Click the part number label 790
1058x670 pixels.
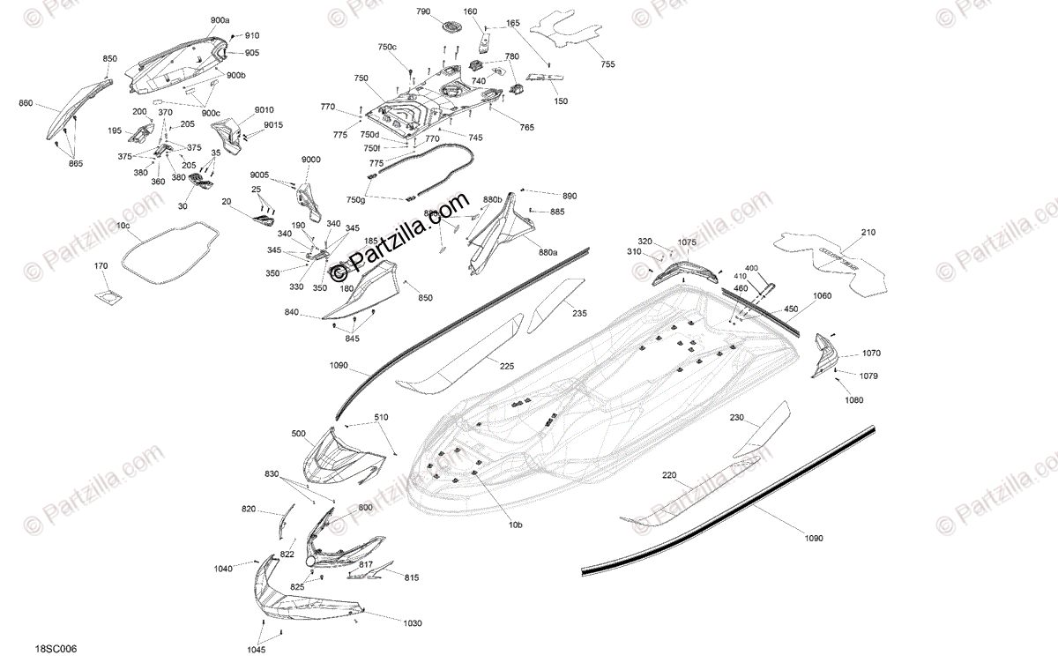(x=423, y=11)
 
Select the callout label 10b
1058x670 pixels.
(x=515, y=525)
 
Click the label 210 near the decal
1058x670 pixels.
(x=868, y=233)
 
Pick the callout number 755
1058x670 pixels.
(x=608, y=64)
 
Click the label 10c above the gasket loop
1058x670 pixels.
(x=123, y=227)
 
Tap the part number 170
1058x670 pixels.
(x=101, y=265)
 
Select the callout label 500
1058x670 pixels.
(x=299, y=434)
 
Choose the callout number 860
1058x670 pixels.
(x=26, y=103)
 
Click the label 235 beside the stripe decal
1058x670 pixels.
(x=578, y=313)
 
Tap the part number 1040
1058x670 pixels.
(x=223, y=569)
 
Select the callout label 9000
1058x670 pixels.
(x=311, y=159)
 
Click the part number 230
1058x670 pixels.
(x=737, y=418)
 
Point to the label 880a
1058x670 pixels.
(x=548, y=252)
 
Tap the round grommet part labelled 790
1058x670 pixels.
(x=451, y=27)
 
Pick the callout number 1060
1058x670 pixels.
(x=822, y=296)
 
